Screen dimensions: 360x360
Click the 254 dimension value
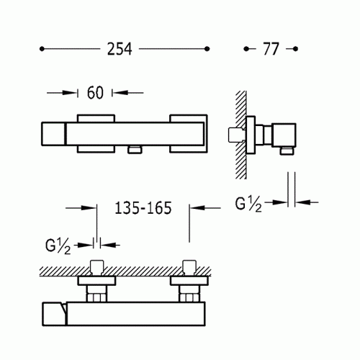pyautogui.click(x=120, y=49)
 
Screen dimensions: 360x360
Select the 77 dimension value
pyautogui.click(x=271, y=49)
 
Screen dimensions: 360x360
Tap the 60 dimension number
pyautogui.click(x=95, y=93)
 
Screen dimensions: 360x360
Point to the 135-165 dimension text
pyautogui.click(x=143, y=208)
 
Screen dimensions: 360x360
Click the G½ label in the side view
pyautogui.click(x=248, y=204)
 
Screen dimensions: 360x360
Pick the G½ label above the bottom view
pyautogui.click(x=58, y=246)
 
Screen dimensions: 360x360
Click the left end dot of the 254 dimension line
pyautogui.click(x=42, y=49)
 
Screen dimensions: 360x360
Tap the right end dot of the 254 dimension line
pyautogui.click(x=207, y=49)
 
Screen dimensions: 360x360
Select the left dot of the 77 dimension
pyautogui.click(x=246, y=49)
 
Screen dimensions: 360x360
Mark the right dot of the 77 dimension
pyautogui.click(x=296, y=49)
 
